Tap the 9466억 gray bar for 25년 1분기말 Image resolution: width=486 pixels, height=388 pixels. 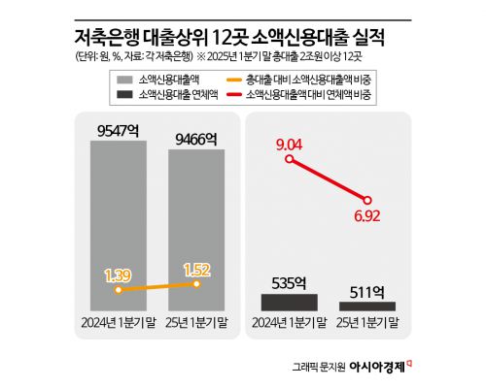point(197,228)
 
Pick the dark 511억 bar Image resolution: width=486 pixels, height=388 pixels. point(366,306)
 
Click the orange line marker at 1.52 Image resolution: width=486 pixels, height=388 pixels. point(197,283)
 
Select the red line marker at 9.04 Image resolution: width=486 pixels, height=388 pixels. point(291,161)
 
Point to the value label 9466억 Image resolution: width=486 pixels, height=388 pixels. point(197,140)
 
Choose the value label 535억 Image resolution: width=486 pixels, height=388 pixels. point(290,283)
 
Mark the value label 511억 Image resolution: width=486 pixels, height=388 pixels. point(366,290)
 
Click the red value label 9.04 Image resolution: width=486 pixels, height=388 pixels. point(291,145)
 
